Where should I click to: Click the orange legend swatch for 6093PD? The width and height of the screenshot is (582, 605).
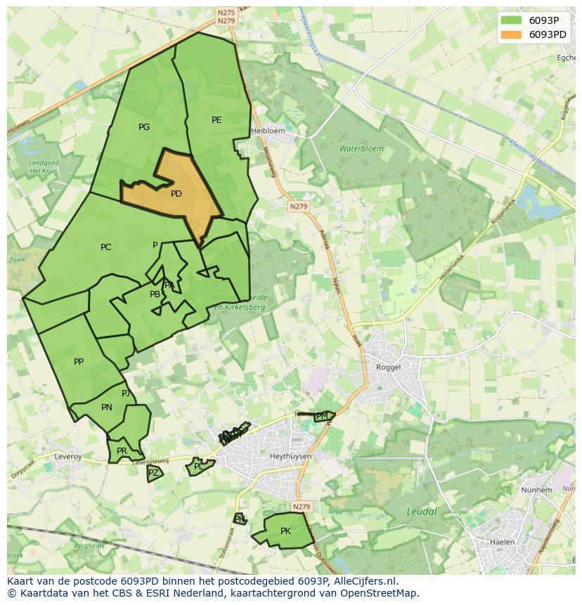[x=511, y=34]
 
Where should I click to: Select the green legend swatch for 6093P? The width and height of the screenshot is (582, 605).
[x=511, y=20]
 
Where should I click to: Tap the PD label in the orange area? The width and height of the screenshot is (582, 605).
[x=176, y=194]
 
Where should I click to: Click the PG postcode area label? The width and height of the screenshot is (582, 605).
[x=144, y=127]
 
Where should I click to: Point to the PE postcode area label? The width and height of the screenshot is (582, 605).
[x=216, y=120]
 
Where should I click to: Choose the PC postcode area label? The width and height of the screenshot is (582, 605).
[x=105, y=247]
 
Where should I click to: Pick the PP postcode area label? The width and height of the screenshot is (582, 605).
[x=79, y=362]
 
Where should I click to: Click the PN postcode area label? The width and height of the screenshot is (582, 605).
[x=107, y=408]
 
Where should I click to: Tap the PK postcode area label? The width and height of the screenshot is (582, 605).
[x=285, y=531]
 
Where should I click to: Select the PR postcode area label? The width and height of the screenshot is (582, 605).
[x=122, y=451]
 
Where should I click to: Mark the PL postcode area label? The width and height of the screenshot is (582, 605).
[x=198, y=467]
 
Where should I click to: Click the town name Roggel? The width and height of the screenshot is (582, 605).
[x=388, y=367]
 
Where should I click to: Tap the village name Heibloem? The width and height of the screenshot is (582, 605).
[x=268, y=131]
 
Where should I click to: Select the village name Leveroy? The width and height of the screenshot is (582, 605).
[x=68, y=457]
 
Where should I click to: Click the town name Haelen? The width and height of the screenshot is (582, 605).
[x=502, y=542]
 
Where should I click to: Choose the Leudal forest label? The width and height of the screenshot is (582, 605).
[x=422, y=512]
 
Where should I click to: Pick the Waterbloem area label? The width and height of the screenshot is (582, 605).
[x=362, y=149]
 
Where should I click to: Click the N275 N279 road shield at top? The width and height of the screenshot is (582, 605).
[x=226, y=17]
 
